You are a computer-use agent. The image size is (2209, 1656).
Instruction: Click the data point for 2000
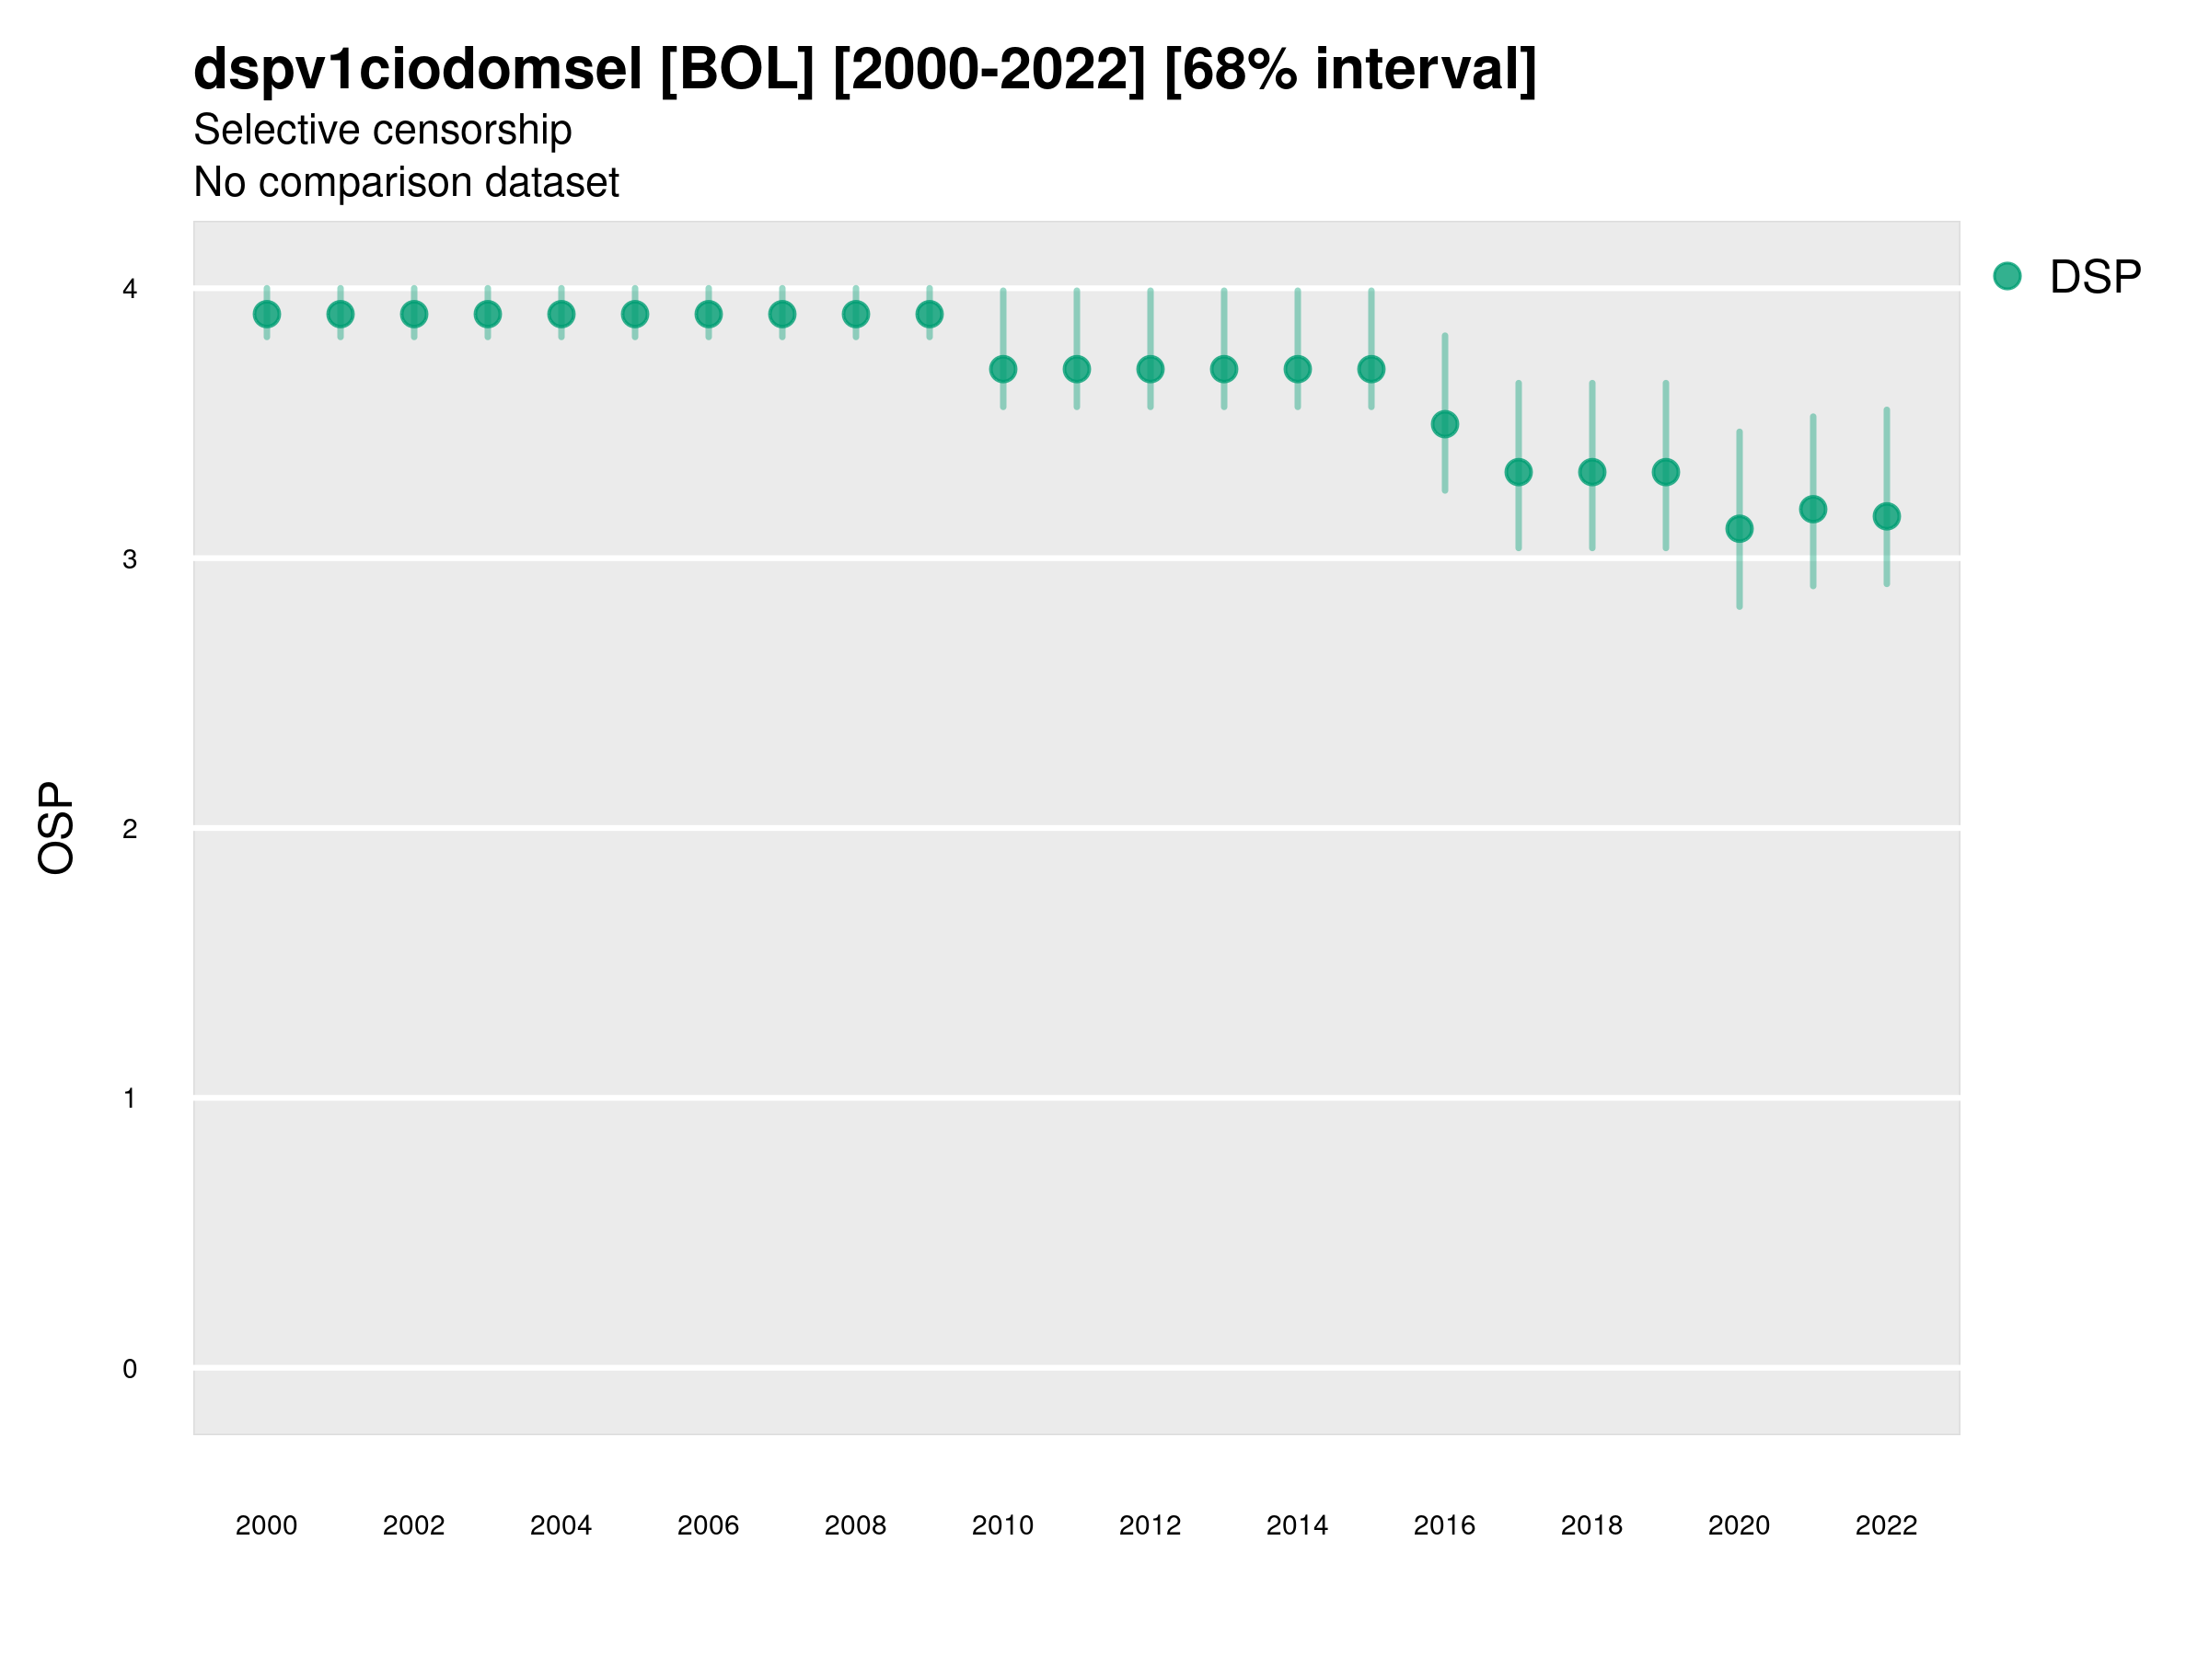(267, 315)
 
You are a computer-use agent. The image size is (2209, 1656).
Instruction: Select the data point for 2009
(930, 315)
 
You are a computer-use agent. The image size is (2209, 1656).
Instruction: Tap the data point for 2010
(1003, 369)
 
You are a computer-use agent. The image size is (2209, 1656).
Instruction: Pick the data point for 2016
(1445, 424)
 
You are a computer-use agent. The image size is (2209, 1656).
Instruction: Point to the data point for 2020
(1740, 529)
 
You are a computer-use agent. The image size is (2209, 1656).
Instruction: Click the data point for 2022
(1887, 516)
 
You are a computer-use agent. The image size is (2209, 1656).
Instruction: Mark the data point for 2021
(1813, 510)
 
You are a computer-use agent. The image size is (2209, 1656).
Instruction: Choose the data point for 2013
(1224, 369)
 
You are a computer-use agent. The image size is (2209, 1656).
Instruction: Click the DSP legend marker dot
(2007, 277)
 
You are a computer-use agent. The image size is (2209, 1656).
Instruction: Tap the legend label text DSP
(2095, 278)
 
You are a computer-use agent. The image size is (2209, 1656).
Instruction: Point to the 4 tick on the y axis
(130, 290)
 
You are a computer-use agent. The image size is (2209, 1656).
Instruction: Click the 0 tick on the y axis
(130, 1369)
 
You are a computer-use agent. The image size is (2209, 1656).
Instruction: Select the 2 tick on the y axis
(130, 829)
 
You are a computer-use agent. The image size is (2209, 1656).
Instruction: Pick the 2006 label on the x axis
(708, 1525)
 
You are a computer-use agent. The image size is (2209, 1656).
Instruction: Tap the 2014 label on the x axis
(1297, 1525)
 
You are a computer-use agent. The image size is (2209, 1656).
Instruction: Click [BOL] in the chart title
(737, 70)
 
